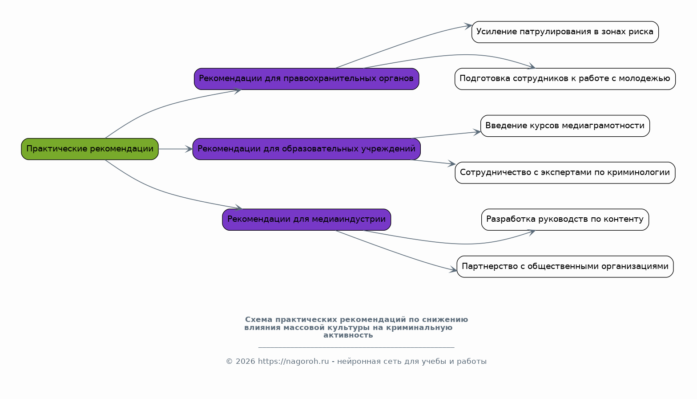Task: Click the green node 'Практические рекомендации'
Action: pyautogui.click(x=89, y=149)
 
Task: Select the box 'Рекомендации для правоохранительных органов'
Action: pyautogui.click(x=306, y=79)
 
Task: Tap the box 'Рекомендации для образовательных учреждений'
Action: pyautogui.click(x=306, y=149)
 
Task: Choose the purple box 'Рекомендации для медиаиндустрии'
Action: pyautogui.click(x=306, y=220)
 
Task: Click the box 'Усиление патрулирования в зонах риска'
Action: pyautogui.click(x=565, y=32)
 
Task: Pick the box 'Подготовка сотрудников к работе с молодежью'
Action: pyautogui.click(x=565, y=79)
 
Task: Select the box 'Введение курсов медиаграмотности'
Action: pyautogui.click(x=565, y=126)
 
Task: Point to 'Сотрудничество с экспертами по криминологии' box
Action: pyautogui.click(x=565, y=172)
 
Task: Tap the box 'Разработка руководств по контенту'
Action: pyautogui.click(x=565, y=220)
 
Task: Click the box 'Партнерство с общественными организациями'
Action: pyautogui.click(x=565, y=267)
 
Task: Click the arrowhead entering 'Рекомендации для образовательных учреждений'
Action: pyautogui.click(x=189, y=149)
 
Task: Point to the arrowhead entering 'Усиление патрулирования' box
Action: pyautogui.click(x=468, y=26)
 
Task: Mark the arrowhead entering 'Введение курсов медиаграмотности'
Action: pyautogui.click(x=477, y=132)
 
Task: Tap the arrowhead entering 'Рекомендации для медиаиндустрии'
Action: pyautogui.click(x=239, y=208)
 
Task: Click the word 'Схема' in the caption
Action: pyautogui.click(x=258, y=320)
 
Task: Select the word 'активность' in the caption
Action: pyautogui.click(x=348, y=335)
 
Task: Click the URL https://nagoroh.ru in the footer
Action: pyautogui.click(x=294, y=361)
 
